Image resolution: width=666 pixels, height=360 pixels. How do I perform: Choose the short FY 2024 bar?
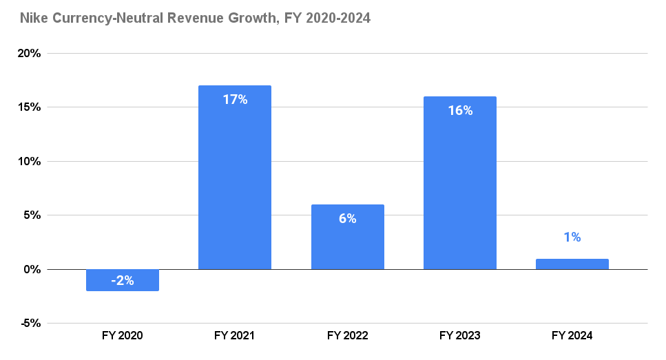(572, 264)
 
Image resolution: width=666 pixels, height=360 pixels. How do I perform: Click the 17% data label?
(235, 100)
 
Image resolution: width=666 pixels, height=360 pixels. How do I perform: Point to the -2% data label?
(123, 281)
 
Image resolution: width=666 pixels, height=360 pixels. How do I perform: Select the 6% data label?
(347, 219)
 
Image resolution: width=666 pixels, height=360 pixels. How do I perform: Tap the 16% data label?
(459, 111)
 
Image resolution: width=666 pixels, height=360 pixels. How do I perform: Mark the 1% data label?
(572, 237)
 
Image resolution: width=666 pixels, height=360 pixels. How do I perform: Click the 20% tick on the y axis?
(30, 54)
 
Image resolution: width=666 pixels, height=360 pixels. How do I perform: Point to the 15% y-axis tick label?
(30, 107)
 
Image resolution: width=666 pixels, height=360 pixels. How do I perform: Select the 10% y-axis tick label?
(30, 162)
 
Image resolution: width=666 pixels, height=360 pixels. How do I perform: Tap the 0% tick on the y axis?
(32, 269)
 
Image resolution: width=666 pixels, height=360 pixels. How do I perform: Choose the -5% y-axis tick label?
(31, 324)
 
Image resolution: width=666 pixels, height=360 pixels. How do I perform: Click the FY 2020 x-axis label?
(123, 336)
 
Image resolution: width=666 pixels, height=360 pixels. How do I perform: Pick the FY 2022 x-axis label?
(347, 336)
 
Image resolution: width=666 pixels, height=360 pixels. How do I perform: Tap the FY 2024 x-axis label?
(572, 336)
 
